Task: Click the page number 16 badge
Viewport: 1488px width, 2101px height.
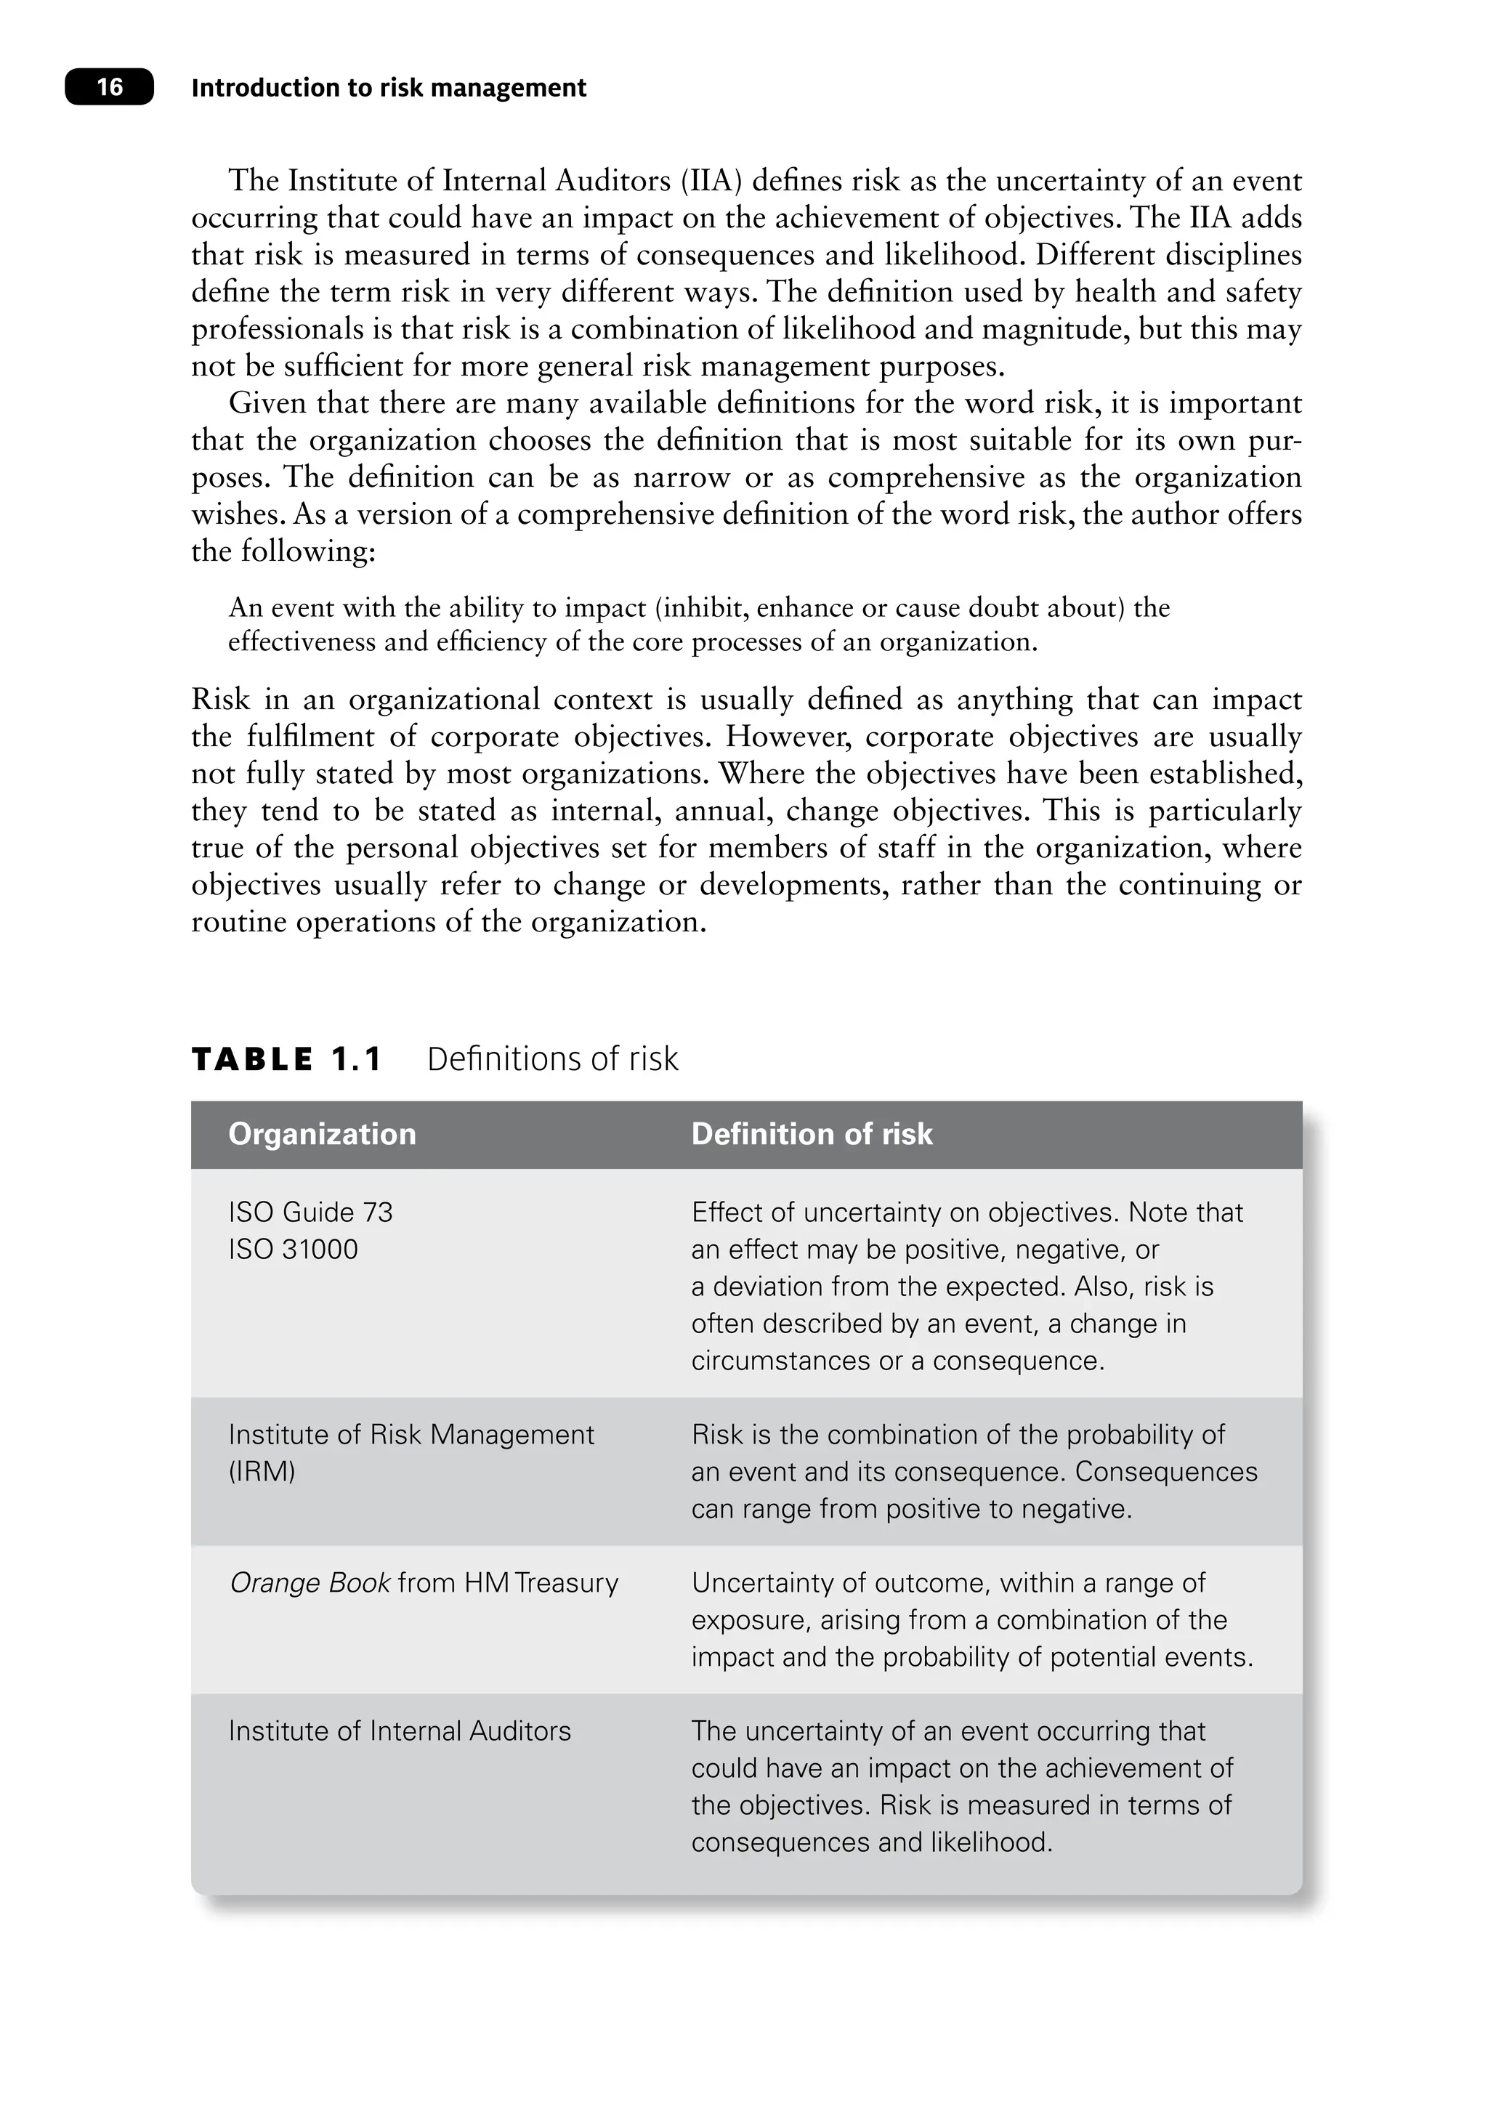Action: (109, 87)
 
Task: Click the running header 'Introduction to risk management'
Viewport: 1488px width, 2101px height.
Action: (389, 88)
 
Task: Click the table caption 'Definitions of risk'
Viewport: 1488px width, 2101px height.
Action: (552, 1059)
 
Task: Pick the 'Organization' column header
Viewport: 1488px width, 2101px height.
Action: (322, 1134)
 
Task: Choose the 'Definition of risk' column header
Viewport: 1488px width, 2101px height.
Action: (811, 1134)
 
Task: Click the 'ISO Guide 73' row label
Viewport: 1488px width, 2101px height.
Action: (310, 1213)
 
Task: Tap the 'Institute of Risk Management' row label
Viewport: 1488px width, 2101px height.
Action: (411, 1434)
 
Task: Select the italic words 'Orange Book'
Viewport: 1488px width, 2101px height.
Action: (310, 1582)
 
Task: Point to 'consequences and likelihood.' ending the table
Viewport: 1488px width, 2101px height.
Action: (871, 1842)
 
